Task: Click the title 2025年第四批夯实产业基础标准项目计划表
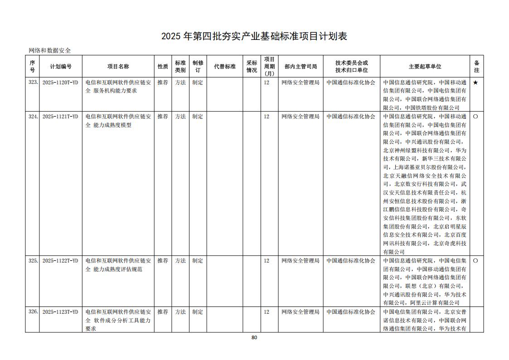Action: pos(254,36)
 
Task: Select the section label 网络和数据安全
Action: pos(50,50)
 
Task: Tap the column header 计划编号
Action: pos(61,66)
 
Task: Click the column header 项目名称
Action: pos(118,66)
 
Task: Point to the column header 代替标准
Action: pos(225,66)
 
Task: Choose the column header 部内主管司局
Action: pos(301,66)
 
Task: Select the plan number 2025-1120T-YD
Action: pos(60,83)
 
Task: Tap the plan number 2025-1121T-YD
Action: pos(60,117)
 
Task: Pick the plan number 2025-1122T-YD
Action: pos(60,261)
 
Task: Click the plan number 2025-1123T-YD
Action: pos(60,312)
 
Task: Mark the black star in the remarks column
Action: pos(475,83)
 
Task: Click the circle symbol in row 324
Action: pos(475,117)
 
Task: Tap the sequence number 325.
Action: pos(33,261)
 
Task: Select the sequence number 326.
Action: pos(33,312)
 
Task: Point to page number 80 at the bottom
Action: pos(254,337)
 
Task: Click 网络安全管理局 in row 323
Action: pos(300,83)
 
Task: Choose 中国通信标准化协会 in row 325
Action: pos(351,261)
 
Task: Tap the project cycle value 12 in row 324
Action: pos(267,117)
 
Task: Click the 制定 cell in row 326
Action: pos(198,312)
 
